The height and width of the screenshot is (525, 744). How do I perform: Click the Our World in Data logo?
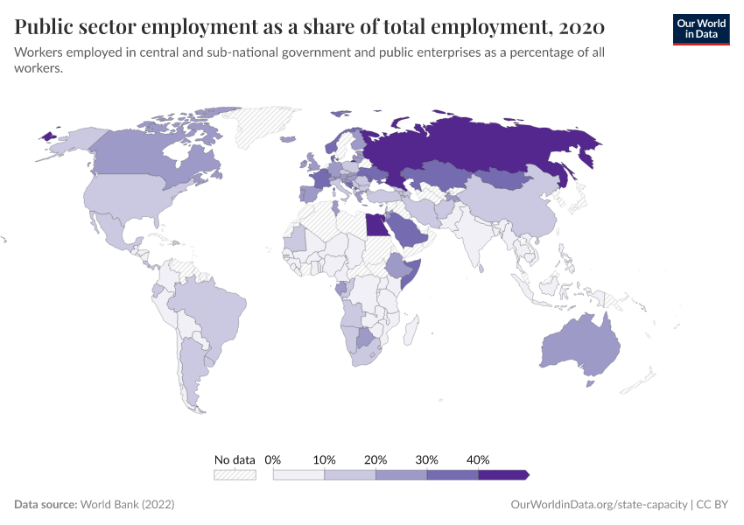700,28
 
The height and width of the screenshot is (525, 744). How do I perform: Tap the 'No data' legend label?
235,459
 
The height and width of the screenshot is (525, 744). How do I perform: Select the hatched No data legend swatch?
235,474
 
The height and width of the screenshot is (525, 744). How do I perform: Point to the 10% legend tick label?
325,459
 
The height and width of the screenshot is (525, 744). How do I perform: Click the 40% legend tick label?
478,459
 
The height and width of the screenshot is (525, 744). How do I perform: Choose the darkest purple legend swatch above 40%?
502,474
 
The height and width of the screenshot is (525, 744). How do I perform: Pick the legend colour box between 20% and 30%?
401,474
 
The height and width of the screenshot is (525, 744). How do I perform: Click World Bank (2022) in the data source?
128,505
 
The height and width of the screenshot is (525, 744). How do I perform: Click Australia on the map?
581,346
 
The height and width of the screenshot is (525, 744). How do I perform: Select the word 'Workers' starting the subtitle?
39,52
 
